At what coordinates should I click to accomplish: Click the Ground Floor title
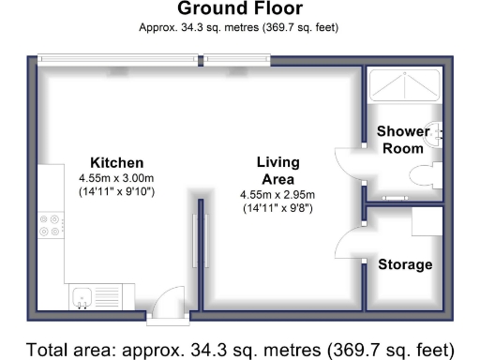pos(240,8)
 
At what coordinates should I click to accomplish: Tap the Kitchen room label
pos(117,163)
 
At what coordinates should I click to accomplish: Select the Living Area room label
pos(278,171)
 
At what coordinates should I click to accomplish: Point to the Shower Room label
pos(403,140)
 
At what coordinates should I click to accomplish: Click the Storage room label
pos(405,264)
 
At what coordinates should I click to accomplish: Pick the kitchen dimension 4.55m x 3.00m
pos(116,178)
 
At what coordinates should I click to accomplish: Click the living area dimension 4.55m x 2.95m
pos(277,195)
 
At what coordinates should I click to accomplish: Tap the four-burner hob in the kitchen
pos(51,225)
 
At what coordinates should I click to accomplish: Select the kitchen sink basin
pos(82,297)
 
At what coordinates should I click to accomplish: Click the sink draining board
pos(108,297)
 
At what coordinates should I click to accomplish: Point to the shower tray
pos(405,85)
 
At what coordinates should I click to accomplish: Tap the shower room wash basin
pos(436,135)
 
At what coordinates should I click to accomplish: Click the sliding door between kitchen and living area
pos(201,241)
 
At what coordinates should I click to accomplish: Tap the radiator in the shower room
pos(396,198)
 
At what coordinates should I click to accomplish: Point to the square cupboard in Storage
pos(427,221)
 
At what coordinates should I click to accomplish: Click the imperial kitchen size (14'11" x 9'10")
pos(116,191)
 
